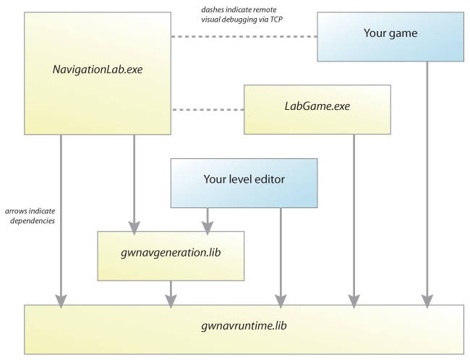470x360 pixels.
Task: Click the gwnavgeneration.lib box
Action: tap(171, 254)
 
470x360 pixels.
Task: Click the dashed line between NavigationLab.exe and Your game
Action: tap(244, 36)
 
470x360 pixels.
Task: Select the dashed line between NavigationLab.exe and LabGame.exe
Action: tap(208, 111)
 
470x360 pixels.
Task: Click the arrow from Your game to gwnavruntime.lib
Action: tap(427, 181)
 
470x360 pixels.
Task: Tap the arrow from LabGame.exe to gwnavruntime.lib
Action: tap(353, 217)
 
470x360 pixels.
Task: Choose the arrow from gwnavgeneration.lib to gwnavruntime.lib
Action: tap(171, 292)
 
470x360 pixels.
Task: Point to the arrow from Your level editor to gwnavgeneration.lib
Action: tap(208, 217)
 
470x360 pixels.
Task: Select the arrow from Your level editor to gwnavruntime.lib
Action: tap(279, 253)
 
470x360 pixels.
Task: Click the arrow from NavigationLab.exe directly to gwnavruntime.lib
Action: tap(61, 217)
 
